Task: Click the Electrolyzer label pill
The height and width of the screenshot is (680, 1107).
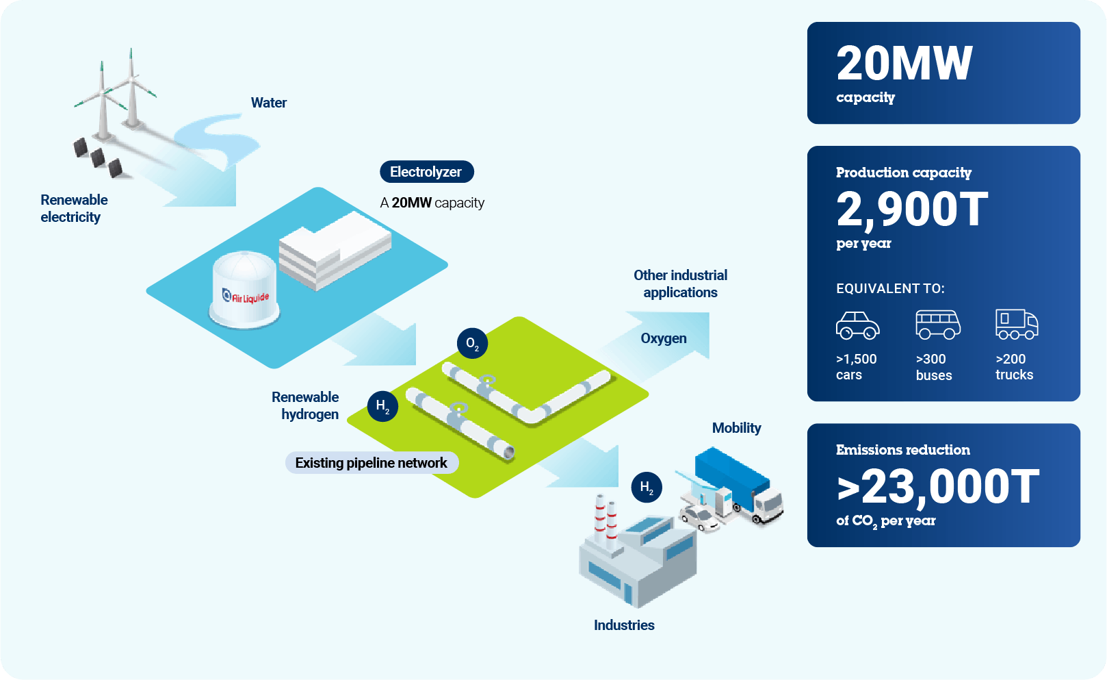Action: point(426,172)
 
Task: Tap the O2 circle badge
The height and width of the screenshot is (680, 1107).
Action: point(473,343)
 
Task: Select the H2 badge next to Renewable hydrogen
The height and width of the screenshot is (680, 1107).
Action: point(382,407)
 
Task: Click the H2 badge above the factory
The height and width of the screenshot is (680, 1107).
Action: point(647,487)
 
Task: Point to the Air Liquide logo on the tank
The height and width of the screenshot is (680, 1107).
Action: point(246,297)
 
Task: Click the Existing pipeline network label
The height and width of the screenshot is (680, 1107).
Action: point(372,463)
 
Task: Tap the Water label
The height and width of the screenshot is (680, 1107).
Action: point(268,103)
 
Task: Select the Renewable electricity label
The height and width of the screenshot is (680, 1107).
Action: point(74,208)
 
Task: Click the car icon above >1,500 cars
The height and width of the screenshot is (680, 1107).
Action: point(857,325)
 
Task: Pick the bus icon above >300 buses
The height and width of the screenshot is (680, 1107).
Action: point(937,325)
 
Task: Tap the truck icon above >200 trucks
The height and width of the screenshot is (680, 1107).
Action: point(1017,325)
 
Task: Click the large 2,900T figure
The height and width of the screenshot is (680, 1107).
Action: point(912,210)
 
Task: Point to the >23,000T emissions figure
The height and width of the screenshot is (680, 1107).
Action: point(937,488)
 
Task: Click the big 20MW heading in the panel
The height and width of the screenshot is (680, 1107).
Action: point(904,63)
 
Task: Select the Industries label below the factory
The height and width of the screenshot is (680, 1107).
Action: point(624,625)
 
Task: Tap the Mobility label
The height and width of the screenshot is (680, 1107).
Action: point(736,428)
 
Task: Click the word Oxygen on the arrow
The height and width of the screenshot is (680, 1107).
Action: point(664,338)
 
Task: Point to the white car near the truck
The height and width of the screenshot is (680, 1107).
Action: point(699,518)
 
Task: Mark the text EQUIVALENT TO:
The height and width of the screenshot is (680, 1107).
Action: point(890,288)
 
